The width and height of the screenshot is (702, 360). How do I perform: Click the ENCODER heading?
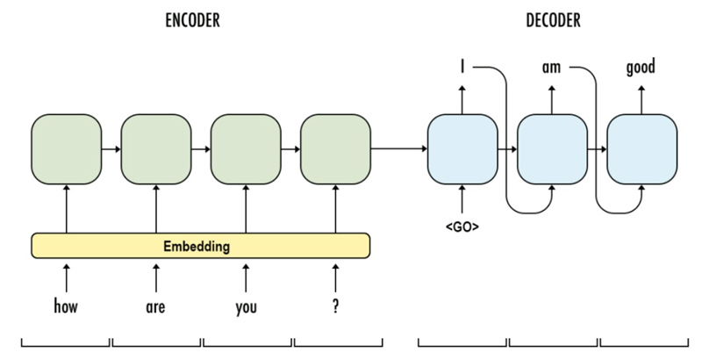[192, 20]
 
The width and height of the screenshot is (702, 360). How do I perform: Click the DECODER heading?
[552, 20]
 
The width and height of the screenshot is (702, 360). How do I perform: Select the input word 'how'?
[67, 308]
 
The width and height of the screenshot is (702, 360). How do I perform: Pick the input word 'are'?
[156, 308]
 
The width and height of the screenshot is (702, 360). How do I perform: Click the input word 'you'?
[246, 308]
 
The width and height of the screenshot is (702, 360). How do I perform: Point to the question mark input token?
[335, 308]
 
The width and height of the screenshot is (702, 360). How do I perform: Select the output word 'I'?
[462, 67]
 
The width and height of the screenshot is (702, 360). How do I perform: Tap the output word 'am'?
[551, 67]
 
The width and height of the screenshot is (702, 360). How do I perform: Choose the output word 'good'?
[641, 67]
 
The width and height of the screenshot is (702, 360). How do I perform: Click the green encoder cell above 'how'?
[67, 148]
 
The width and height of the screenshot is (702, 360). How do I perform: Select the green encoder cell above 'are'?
[156, 148]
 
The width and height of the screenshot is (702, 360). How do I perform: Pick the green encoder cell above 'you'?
[246, 148]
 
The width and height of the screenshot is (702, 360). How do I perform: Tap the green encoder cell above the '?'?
[335, 148]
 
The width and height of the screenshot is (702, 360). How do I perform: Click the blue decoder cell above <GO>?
[462, 148]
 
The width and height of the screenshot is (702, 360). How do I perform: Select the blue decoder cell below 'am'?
[551, 148]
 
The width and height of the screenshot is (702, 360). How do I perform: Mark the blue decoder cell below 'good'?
[641, 148]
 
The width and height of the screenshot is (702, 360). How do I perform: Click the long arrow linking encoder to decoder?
[398, 148]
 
